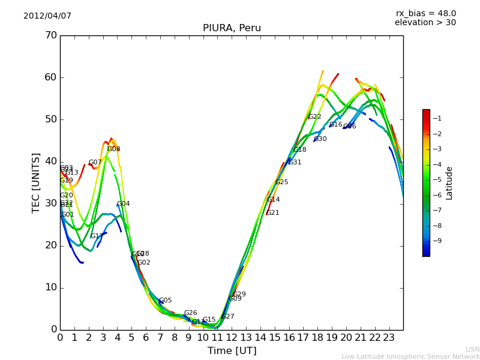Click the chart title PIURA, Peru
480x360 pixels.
coord(232,28)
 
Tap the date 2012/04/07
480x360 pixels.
coord(47,16)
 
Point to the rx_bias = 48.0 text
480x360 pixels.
coord(425,13)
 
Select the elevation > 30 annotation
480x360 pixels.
coord(425,23)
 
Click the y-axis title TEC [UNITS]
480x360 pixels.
coord(36,182)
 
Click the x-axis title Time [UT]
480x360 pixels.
coord(232,350)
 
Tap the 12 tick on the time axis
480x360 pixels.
coord(232,338)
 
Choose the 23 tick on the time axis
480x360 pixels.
coord(389,338)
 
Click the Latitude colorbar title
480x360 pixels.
coord(449,182)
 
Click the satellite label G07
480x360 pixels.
coord(95,163)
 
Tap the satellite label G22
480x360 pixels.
coord(314,117)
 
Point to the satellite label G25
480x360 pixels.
coord(281,182)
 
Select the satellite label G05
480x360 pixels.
coord(165,301)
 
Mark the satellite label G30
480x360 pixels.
coord(320,139)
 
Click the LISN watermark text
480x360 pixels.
coord(473,349)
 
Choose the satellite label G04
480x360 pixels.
coord(123,204)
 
